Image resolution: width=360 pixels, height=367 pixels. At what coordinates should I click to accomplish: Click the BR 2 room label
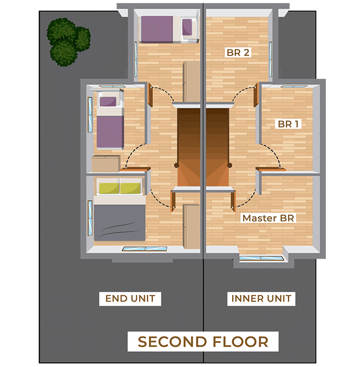(x=238, y=52)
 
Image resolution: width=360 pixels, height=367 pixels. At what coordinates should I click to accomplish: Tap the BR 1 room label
(x=288, y=124)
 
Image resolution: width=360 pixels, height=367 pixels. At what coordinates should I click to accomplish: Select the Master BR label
(x=268, y=218)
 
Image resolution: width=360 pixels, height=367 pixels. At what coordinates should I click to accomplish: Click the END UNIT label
(x=130, y=299)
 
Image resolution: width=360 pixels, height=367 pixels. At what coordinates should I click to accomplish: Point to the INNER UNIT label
(x=261, y=299)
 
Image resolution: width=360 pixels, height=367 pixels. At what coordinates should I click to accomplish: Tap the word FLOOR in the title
(x=241, y=342)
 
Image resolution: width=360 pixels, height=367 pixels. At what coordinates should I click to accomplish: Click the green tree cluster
(x=68, y=42)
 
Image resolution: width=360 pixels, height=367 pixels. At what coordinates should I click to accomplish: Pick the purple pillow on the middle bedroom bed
(x=108, y=101)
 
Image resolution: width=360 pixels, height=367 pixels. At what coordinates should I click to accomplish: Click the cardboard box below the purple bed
(x=106, y=164)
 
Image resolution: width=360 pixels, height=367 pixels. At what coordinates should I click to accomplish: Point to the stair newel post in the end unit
(x=176, y=166)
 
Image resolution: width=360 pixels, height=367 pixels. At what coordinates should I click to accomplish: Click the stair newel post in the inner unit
(x=230, y=166)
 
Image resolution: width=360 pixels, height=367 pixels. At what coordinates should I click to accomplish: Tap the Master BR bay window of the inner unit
(x=261, y=258)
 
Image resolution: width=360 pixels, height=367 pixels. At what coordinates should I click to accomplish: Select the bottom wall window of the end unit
(x=144, y=249)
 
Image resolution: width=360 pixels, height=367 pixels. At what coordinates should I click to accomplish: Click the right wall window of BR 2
(x=271, y=59)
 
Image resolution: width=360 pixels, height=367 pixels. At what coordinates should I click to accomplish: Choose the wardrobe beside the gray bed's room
(x=191, y=226)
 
